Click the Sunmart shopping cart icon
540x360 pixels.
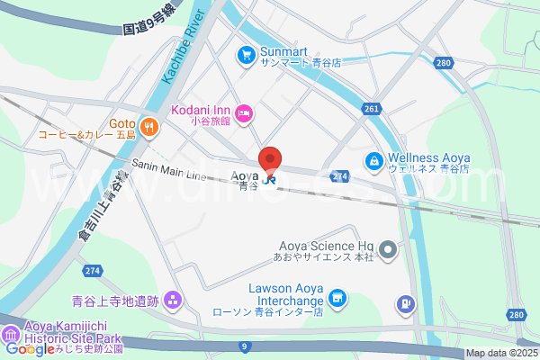click(245, 56)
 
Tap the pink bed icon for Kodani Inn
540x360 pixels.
click(246, 112)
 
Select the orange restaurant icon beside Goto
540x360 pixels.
click(149, 127)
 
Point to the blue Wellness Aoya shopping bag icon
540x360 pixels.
click(372, 161)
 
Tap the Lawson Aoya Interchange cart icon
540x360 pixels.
click(337, 297)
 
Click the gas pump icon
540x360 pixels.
click(406, 305)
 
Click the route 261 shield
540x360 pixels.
click(373, 109)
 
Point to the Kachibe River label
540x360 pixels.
click(180, 55)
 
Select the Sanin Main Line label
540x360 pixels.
click(169, 168)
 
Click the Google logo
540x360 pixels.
click(30, 349)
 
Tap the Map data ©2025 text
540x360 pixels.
click(500, 353)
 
